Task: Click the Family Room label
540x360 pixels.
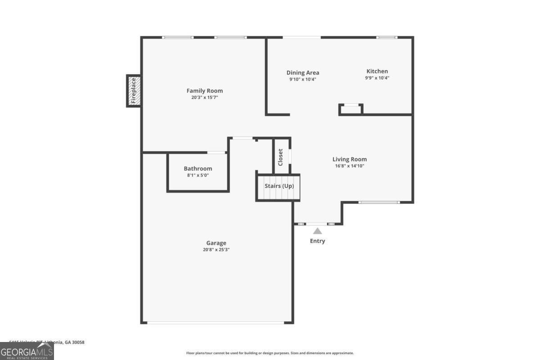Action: point(204,91)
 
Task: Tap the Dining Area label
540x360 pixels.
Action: point(303,73)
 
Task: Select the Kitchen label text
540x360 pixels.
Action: point(377,71)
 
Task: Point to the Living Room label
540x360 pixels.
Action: point(349,159)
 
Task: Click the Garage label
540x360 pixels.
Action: point(216,243)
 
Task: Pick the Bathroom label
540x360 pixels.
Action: point(198,169)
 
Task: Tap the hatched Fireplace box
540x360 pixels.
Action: point(133,91)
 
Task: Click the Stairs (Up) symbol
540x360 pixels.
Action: point(278,189)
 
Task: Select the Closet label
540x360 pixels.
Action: point(280,157)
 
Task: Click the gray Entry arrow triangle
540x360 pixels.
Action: point(317,231)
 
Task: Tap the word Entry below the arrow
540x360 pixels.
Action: point(317,241)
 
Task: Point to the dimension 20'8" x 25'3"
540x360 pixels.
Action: point(216,250)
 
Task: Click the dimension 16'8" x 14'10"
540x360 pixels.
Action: point(349,166)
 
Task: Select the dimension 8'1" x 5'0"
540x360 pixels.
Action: point(198,175)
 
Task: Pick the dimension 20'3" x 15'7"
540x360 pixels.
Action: point(204,97)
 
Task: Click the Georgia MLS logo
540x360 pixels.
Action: point(27,351)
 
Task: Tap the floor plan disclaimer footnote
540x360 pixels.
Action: point(270,353)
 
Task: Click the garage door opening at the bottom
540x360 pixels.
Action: point(216,322)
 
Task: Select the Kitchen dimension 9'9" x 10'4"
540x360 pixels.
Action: point(377,78)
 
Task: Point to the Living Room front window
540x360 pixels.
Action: point(378,202)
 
